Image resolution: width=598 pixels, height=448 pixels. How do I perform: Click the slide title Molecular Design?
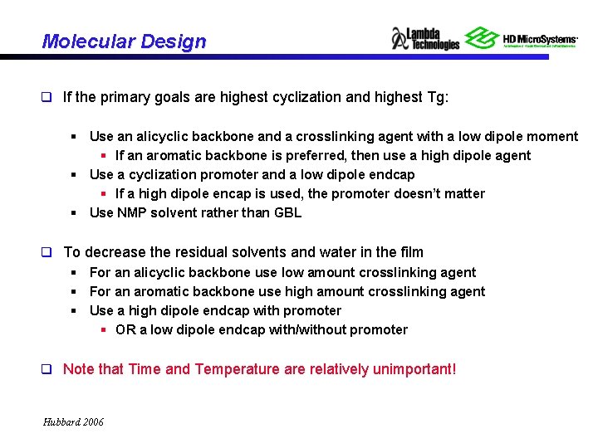pos(124,41)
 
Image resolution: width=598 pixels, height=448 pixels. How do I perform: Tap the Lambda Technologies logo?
pos(425,38)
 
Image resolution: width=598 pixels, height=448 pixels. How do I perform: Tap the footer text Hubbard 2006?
pos(73,422)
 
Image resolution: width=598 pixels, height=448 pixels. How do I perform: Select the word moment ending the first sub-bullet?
pos(554,136)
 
